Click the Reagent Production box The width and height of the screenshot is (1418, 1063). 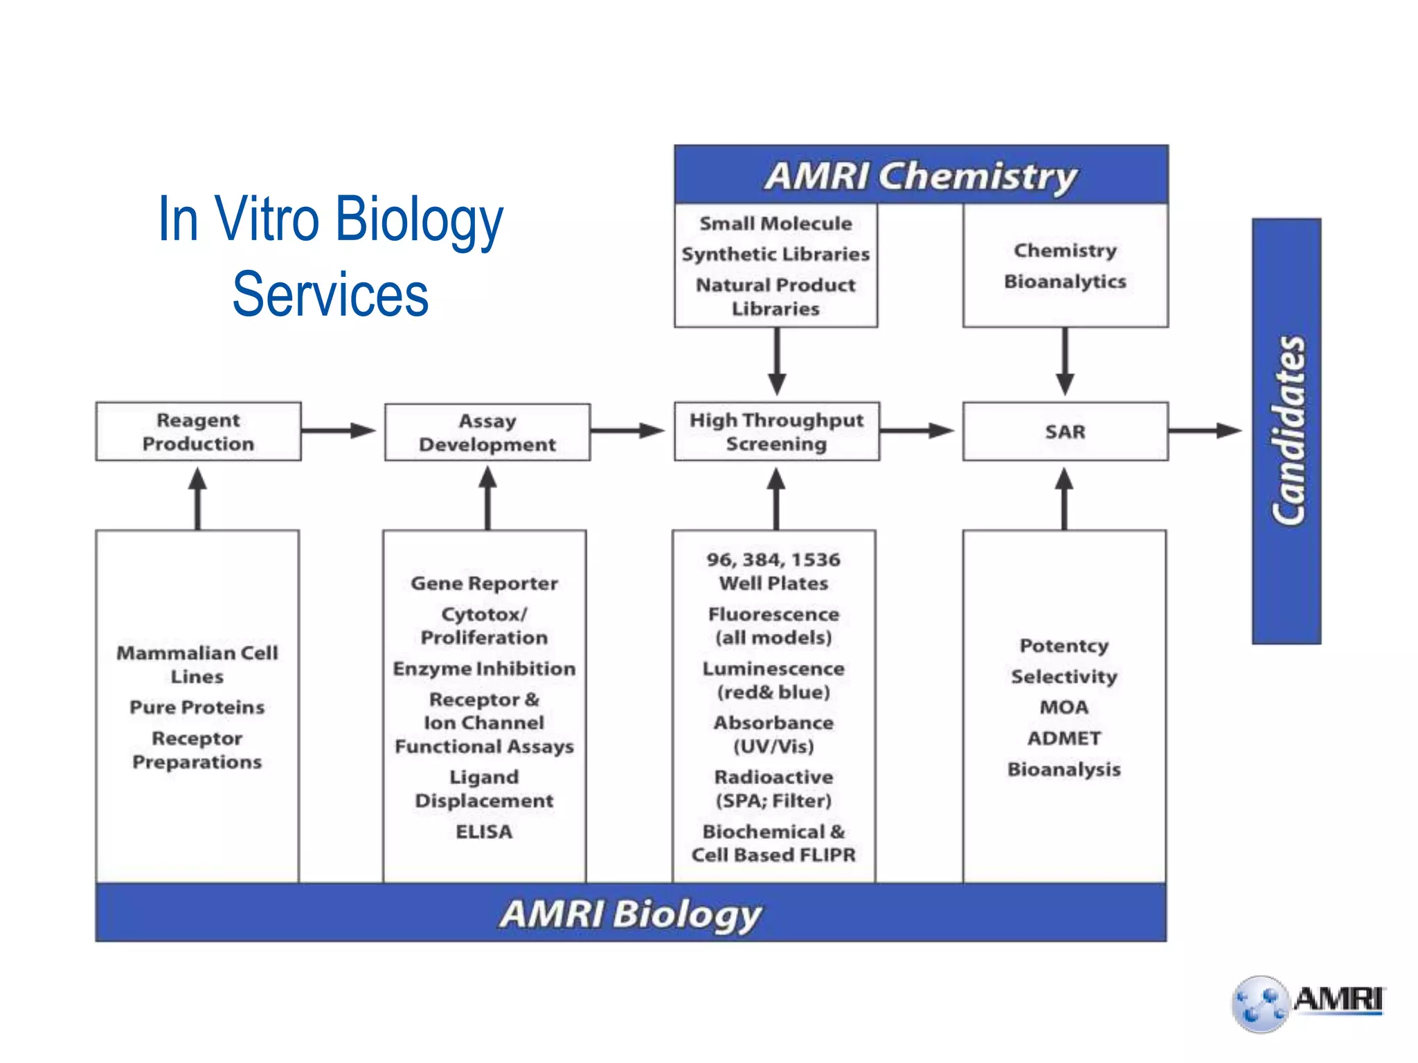(x=198, y=431)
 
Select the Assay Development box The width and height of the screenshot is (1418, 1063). (x=487, y=432)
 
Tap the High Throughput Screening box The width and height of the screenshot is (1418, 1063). (x=776, y=431)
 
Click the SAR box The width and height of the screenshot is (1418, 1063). (x=1065, y=431)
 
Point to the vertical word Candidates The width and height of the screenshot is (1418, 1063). (x=1287, y=430)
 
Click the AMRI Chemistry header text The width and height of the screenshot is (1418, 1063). (x=921, y=175)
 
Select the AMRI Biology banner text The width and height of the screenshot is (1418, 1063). (x=630, y=913)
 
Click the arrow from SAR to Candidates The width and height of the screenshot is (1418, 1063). (x=1205, y=430)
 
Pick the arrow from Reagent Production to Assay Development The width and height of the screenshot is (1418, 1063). (x=339, y=430)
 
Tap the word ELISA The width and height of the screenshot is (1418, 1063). (x=484, y=831)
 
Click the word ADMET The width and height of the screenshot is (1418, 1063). (x=1064, y=738)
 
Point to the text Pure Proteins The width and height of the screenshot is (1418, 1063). (x=197, y=707)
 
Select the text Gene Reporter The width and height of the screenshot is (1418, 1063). (x=484, y=583)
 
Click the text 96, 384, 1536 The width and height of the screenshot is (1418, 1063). (x=773, y=559)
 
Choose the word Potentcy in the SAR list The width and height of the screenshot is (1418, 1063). (x=1064, y=645)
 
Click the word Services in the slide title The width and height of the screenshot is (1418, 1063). (x=330, y=295)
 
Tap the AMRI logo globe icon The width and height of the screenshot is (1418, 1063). (x=1260, y=1004)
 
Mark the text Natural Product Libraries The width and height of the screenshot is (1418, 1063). (x=775, y=296)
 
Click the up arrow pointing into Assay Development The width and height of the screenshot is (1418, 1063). (x=487, y=498)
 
